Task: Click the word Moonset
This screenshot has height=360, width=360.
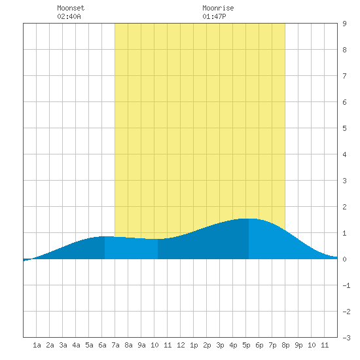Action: tap(71, 8)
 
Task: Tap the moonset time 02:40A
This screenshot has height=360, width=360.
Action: tap(69, 16)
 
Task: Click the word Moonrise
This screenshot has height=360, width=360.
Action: tap(218, 8)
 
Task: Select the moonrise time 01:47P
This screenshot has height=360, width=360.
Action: tap(214, 16)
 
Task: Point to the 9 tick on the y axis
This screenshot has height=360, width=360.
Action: tap(344, 24)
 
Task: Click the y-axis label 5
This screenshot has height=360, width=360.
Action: tap(344, 128)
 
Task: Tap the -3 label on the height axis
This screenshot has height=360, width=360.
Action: tap(346, 338)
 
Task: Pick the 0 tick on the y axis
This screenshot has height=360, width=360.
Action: tap(344, 259)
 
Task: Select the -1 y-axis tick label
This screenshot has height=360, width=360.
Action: tap(346, 285)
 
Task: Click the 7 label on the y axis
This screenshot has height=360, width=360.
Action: tap(344, 76)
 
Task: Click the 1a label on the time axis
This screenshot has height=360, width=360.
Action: tap(37, 345)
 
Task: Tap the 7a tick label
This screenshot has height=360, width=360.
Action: tap(115, 345)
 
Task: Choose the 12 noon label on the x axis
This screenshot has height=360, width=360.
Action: tap(181, 345)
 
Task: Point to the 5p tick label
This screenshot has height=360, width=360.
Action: tap(246, 345)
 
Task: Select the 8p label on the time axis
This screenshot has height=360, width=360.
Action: tap(285, 345)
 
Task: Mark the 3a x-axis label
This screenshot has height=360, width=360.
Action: tap(63, 345)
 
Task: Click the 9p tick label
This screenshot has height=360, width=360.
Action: tap(298, 345)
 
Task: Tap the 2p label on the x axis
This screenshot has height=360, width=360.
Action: tap(207, 345)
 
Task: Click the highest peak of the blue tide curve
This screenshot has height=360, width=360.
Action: tap(249, 219)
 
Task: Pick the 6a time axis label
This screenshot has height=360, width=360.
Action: tap(102, 345)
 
